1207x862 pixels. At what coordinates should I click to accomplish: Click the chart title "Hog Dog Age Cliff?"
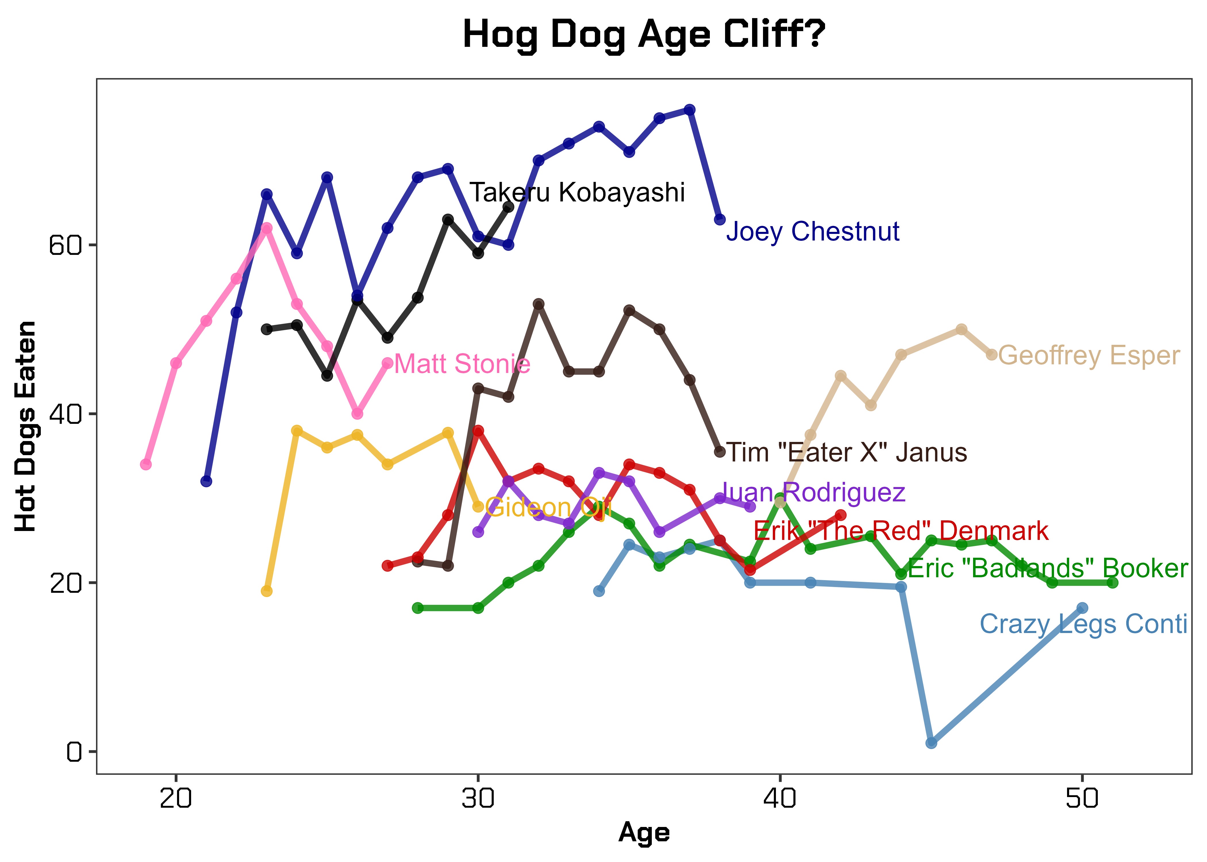click(x=644, y=35)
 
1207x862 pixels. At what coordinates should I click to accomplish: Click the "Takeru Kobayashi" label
click(x=577, y=192)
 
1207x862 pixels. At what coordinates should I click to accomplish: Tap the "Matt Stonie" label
click(x=462, y=364)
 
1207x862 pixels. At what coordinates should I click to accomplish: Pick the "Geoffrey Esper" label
click(x=1089, y=356)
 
